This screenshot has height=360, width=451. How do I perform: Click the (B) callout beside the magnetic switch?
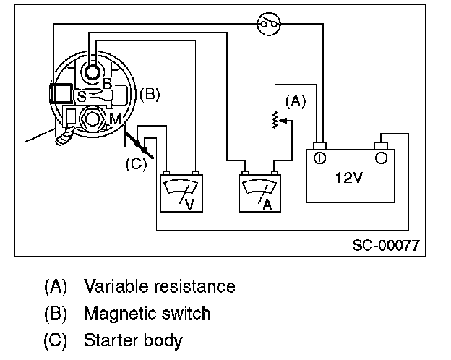[150, 94]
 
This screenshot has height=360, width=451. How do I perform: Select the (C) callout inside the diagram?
[136, 163]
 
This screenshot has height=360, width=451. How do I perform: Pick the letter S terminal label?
[82, 95]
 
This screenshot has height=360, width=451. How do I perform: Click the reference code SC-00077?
[385, 244]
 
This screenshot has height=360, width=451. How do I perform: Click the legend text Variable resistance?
[160, 286]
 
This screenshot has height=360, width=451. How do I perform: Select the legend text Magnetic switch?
[147, 313]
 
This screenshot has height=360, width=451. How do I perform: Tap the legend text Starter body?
[133, 340]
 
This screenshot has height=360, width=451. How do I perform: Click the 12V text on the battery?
[348, 178]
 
